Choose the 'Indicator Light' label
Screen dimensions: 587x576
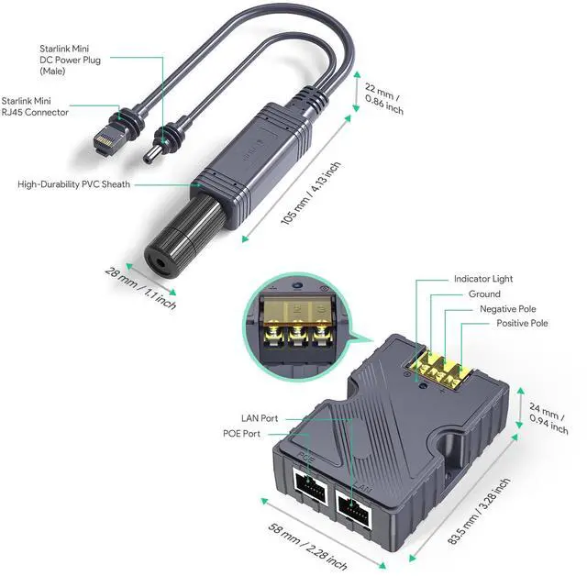click(x=483, y=279)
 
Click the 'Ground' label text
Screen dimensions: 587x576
click(x=484, y=294)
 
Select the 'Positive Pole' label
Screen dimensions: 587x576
click(x=522, y=324)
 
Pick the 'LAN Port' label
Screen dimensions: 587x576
click(x=260, y=418)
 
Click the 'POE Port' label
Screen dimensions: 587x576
click(x=242, y=434)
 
